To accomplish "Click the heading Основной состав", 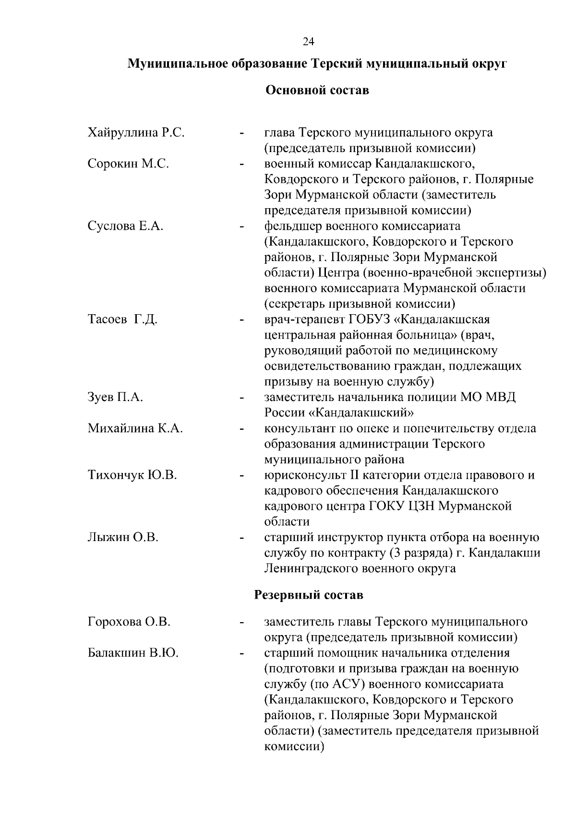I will coord(317,90).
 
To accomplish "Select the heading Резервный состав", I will coord(308,595).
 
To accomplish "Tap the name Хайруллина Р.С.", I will coord(136,133).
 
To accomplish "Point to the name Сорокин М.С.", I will coord(128,164).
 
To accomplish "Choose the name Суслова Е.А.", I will coord(125,226).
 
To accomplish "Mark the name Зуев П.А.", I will coord(115,398).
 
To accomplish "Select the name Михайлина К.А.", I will coord(135,428).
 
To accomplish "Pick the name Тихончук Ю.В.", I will coord(132,475).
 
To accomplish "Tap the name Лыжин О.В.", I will coord(123,538).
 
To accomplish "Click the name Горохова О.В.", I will coord(129,622).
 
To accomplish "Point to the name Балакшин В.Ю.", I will coord(133,653).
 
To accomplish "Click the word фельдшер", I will coord(293,226).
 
